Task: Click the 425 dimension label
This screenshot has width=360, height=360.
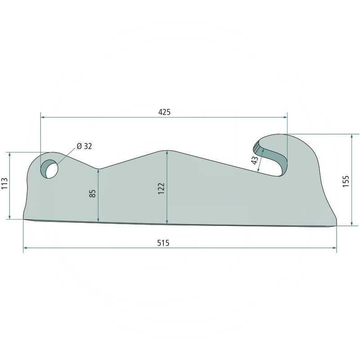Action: pyautogui.click(x=164, y=112)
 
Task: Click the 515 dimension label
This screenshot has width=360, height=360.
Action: pyautogui.click(x=163, y=243)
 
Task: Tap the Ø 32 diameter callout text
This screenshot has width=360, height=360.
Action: pyautogui.click(x=84, y=146)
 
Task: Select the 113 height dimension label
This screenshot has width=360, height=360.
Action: pyautogui.click(x=4, y=185)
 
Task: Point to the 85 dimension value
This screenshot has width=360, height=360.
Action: pyautogui.click(x=93, y=194)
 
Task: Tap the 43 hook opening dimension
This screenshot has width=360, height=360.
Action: pyautogui.click(x=255, y=161)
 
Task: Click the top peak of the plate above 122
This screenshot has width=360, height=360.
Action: pyautogui.click(x=167, y=150)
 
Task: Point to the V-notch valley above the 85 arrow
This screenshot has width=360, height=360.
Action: pyautogui.click(x=99, y=169)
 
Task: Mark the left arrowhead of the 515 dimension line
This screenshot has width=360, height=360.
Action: pyautogui.click(x=25, y=247)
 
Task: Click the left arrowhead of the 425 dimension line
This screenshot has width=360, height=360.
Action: pyautogui.click(x=43, y=117)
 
